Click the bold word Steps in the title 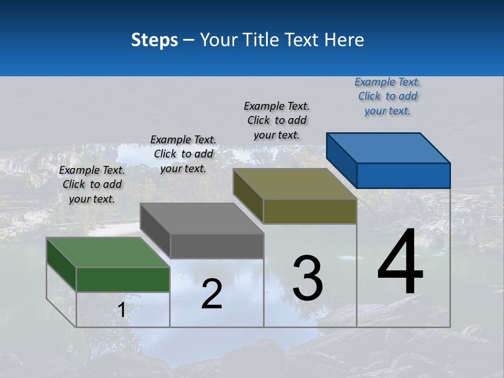click(x=154, y=40)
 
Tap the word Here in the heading click(x=344, y=40)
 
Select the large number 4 click(x=400, y=262)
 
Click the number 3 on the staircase click(x=308, y=278)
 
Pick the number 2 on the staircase click(x=212, y=294)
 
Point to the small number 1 click(x=121, y=310)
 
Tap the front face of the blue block click(x=403, y=175)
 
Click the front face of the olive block click(x=310, y=211)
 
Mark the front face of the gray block click(x=217, y=246)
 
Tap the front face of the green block click(x=123, y=279)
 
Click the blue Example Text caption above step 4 click(x=387, y=97)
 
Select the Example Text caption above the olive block click(x=277, y=120)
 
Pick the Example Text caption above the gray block click(x=183, y=154)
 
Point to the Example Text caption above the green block click(x=92, y=184)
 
